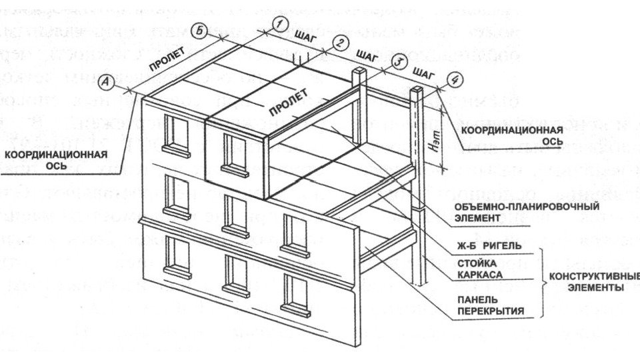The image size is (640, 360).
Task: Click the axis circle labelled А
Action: (x=105, y=82)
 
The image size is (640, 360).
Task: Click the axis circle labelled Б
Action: (x=198, y=30)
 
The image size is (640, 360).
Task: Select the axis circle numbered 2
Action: (x=340, y=43)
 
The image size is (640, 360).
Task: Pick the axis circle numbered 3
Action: (x=397, y=61)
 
